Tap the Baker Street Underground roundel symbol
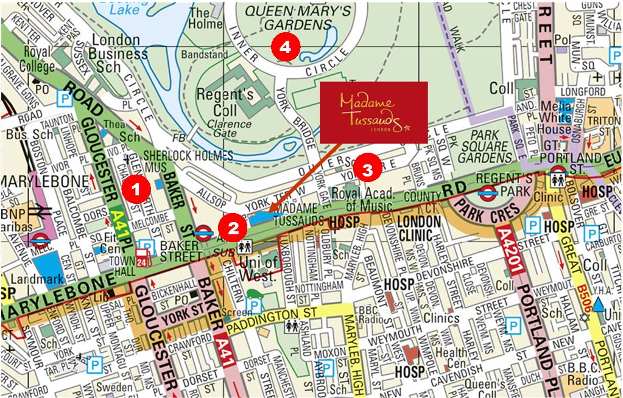[204, 232]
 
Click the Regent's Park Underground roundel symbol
[488, 193]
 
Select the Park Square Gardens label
[485, 147]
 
